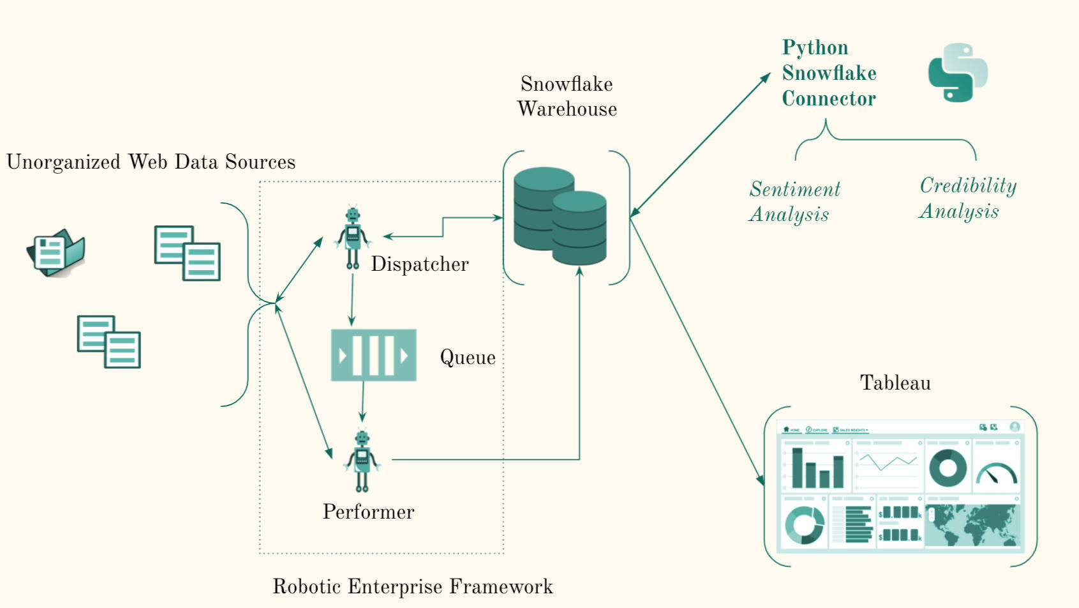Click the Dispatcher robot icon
point(352,238)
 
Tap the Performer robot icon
point(362,460)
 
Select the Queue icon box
point(373,355)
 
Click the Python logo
point(957,73)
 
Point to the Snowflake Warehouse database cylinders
point(560,216)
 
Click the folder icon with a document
point(56,253)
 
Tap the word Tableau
point(895,383)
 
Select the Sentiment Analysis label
point(794,201)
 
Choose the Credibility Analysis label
point(967,198)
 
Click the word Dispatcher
point(420,264)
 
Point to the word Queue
point(468,358)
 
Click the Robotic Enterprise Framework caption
point(413,586)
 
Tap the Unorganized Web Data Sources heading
point(151,162)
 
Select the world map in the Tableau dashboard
point(972,525)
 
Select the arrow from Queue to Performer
point(362,402)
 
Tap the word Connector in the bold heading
point(829,99)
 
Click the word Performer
point(368,512)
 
